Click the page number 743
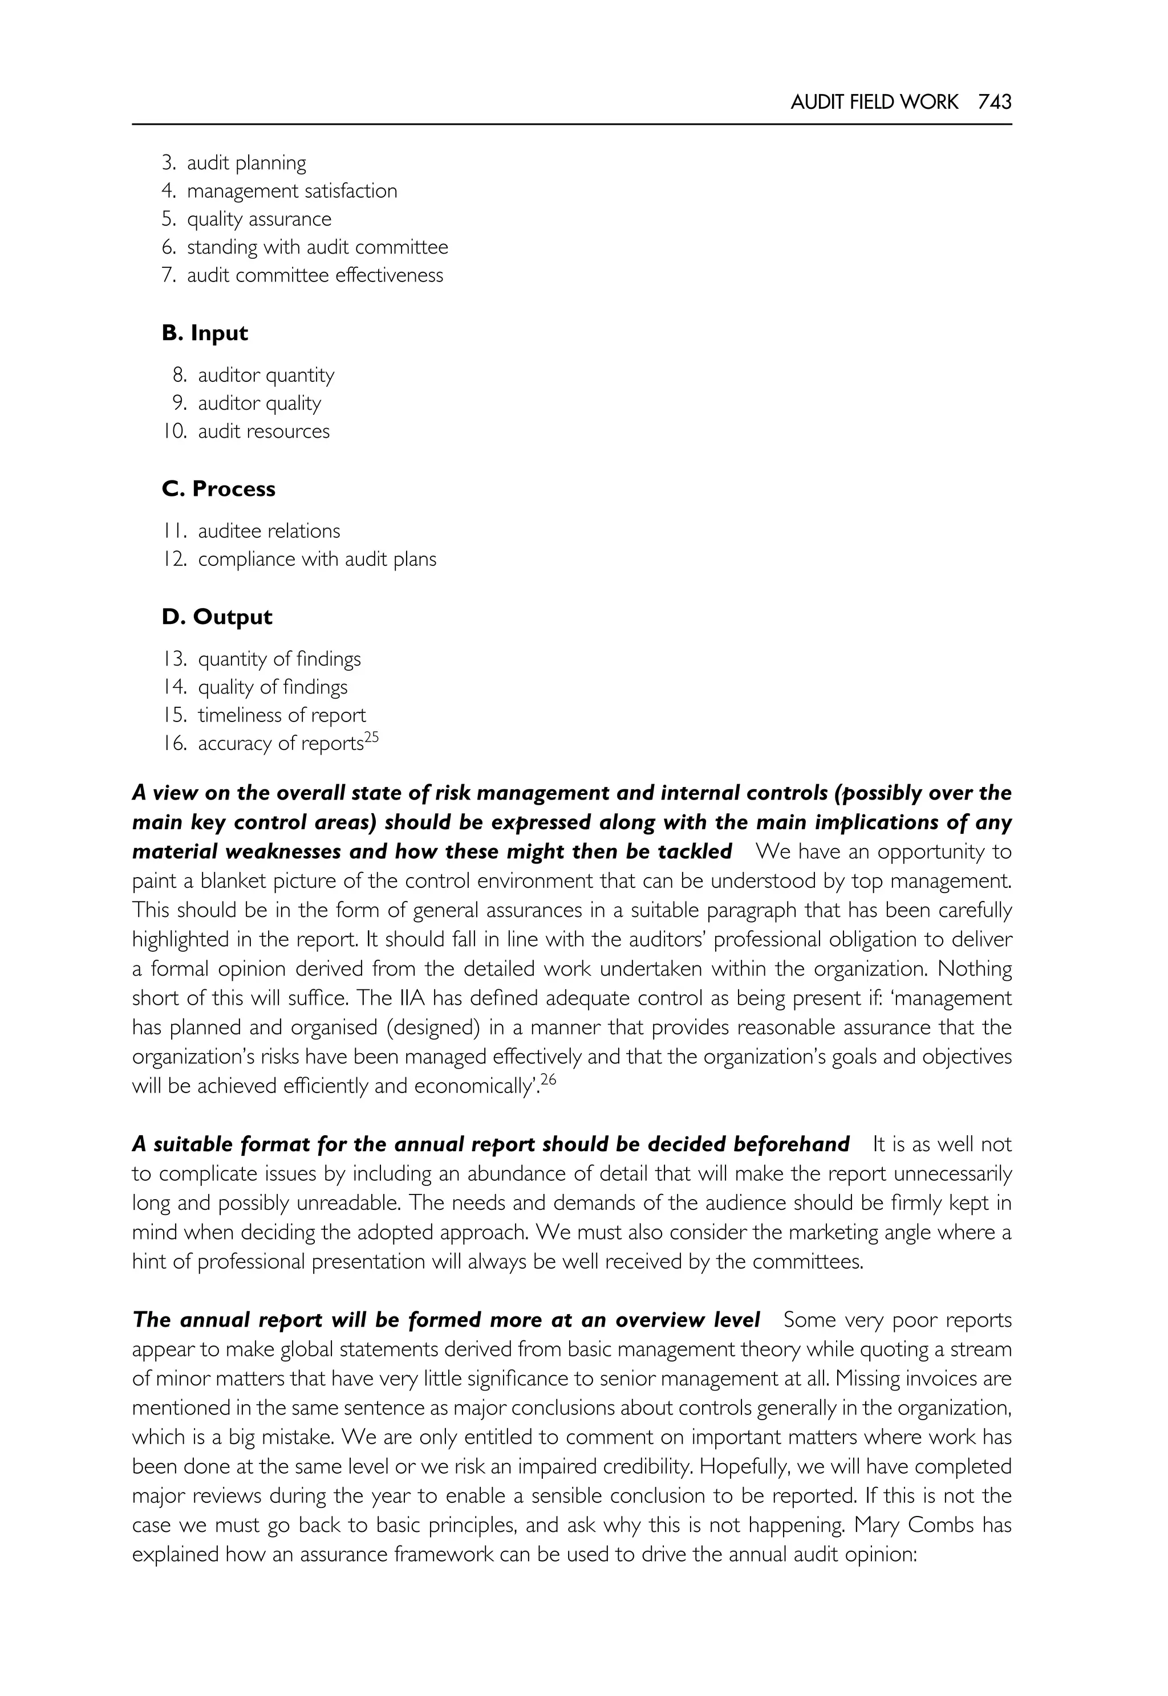coord(994,103)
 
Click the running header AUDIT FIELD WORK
coord(874,103)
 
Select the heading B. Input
coord(204,333)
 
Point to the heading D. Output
coord(217,617)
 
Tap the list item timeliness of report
coord(282,715)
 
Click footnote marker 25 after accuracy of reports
coord(371,737)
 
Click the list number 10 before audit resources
coord(175,431)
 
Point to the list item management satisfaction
coord(292,191)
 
